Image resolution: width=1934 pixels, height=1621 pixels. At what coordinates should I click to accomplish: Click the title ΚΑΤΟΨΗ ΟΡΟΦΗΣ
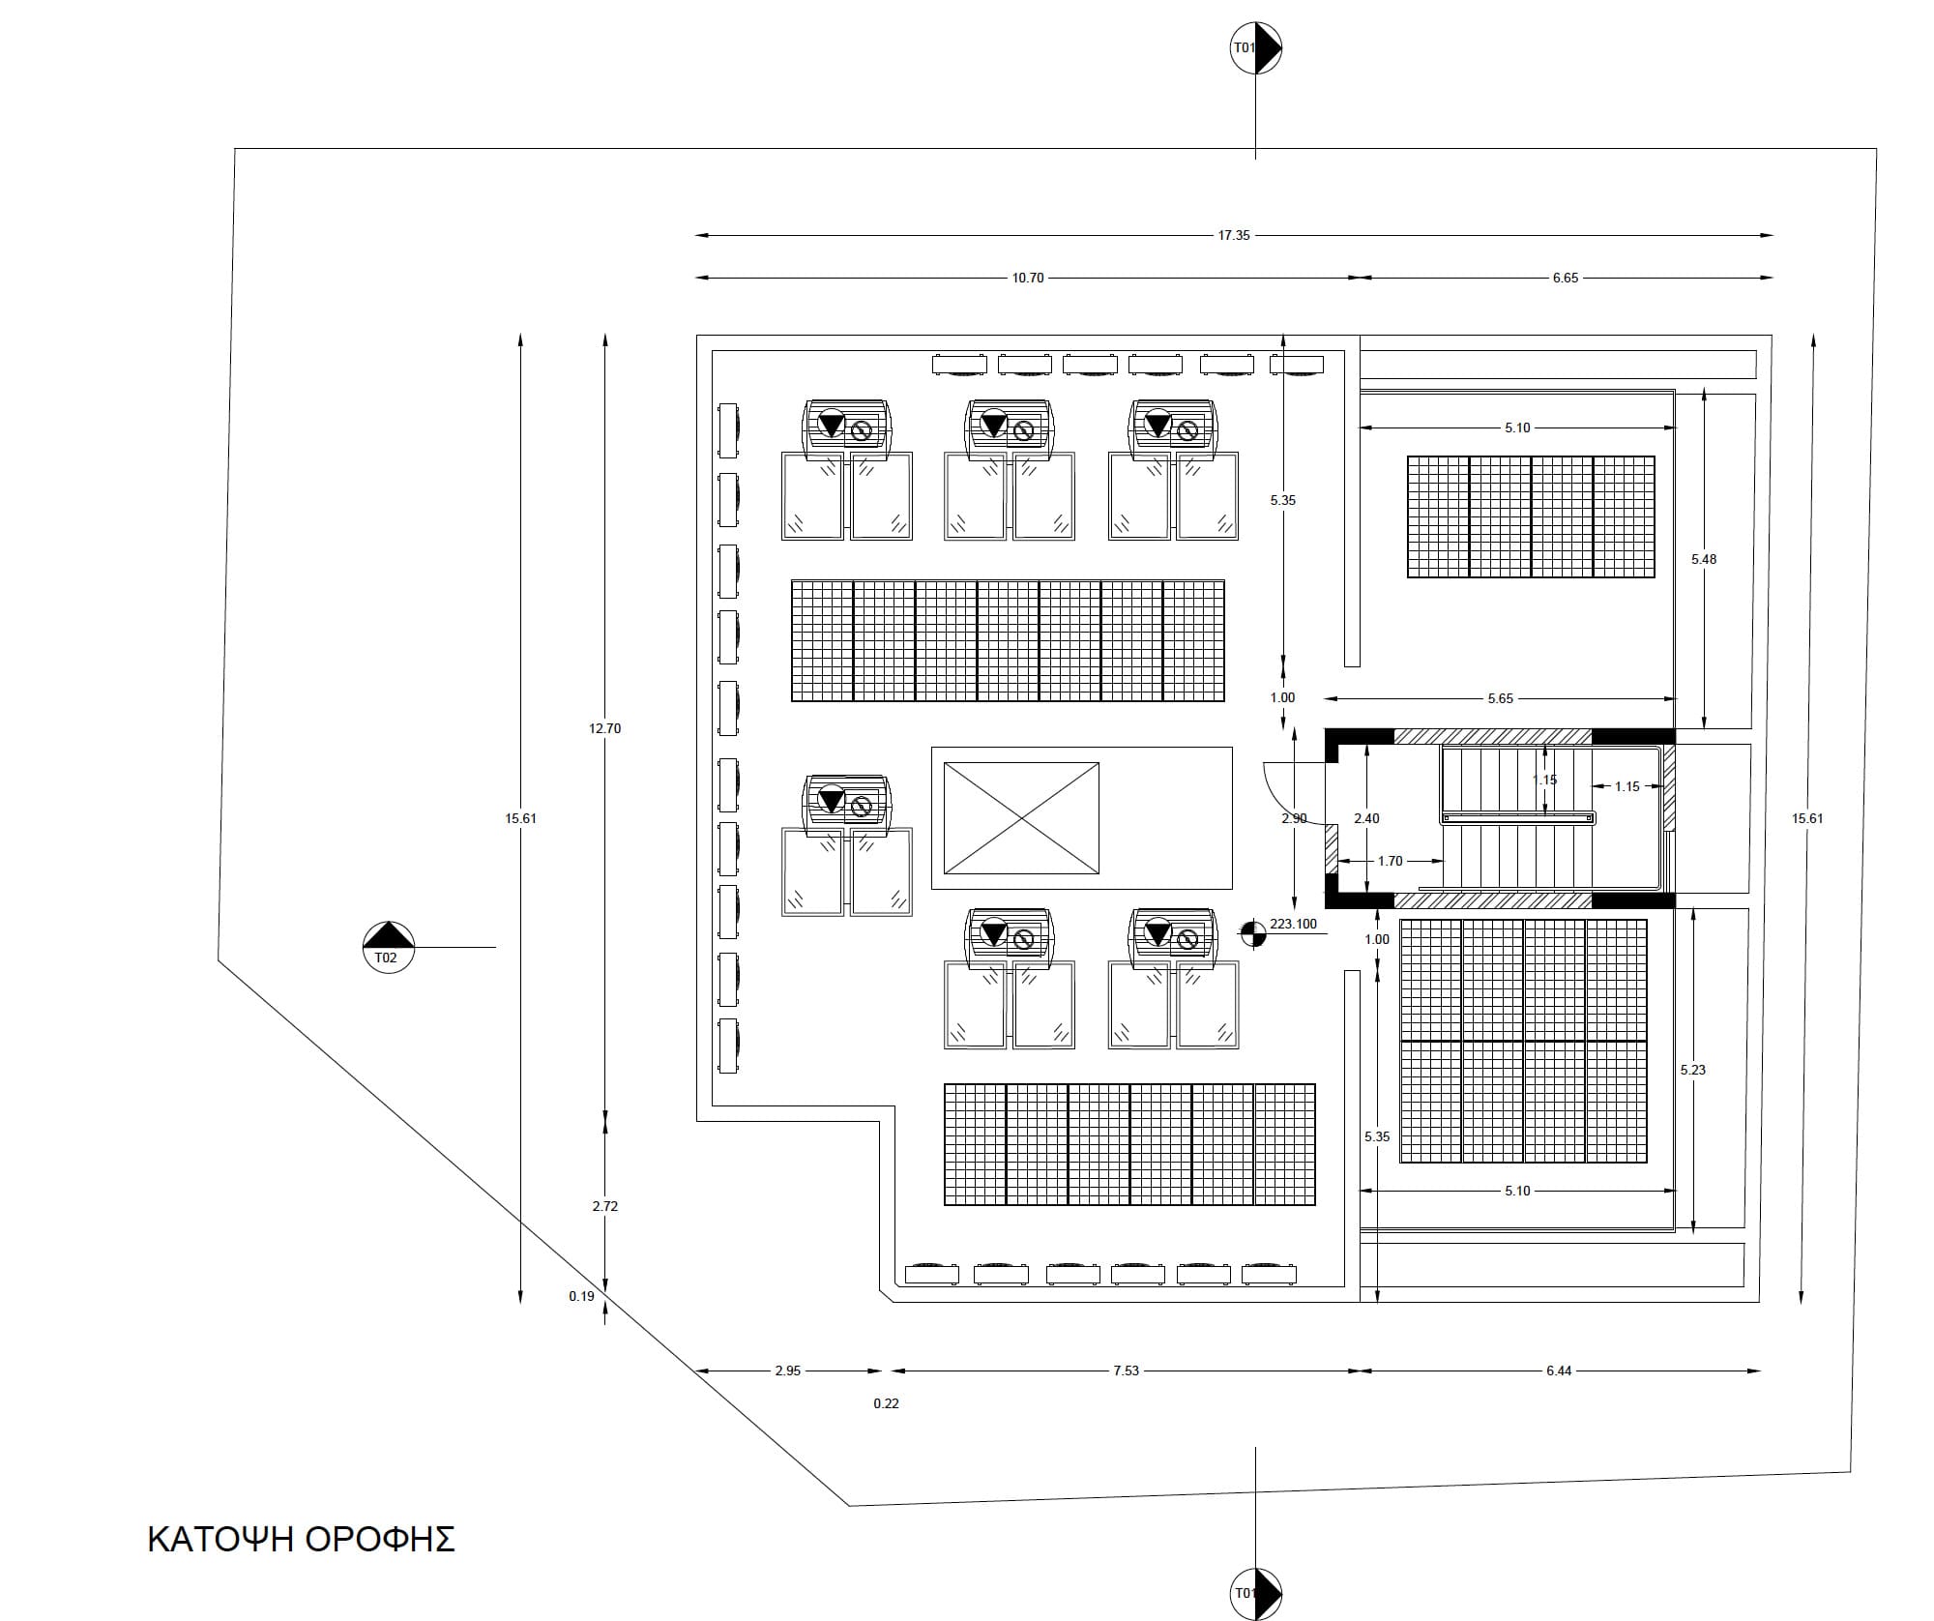click(301, 1539)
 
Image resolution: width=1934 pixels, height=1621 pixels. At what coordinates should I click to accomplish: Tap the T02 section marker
click(388, 947)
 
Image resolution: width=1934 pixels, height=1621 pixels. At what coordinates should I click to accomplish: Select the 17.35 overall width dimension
click(1234, 235)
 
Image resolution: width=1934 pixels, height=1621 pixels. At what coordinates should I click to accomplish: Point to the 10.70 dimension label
click(1028, 278)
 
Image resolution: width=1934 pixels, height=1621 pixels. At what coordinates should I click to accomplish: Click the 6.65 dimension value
click(1565, 278)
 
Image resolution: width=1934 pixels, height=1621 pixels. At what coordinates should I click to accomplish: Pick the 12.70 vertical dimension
click(605, 728)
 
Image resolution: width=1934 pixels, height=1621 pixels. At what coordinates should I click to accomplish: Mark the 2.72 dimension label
click(605, 1206)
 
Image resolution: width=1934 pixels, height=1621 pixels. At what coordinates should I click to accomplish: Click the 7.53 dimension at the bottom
click(1126, 1370)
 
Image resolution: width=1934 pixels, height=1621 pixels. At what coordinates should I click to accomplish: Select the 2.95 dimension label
click(788, 1370)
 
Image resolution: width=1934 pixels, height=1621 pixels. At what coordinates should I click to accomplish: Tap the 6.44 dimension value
click(1559, 1370)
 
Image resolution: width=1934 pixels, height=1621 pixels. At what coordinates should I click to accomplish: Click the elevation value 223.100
click(1293, 924)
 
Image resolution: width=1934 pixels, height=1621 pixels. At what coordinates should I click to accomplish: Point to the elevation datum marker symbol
click(1252, 933)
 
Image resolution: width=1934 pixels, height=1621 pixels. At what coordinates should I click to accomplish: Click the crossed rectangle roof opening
click(1021, 818)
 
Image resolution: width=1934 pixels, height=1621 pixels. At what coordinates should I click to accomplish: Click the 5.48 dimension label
click(1704, 559)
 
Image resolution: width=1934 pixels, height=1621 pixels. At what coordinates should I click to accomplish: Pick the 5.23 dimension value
click(1693, 1070)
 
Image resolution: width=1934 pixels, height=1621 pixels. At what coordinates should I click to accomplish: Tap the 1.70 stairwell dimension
click(1390, 861)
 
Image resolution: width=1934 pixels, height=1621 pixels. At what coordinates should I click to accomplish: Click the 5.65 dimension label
click(1500, 698)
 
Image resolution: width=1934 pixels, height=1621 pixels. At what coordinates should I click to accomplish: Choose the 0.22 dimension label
click(886, 1403)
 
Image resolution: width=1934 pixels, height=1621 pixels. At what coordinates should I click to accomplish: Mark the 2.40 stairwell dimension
click(1366, 818)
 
